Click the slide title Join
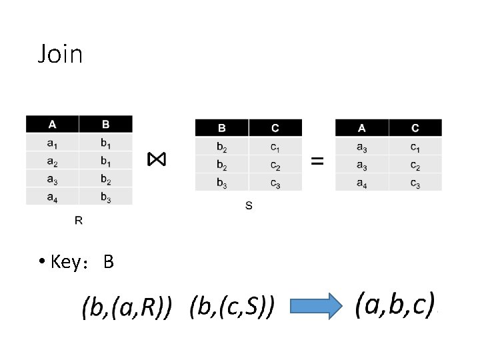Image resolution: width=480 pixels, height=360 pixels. (60, 54)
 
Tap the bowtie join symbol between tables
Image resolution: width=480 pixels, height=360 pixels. (157, 159)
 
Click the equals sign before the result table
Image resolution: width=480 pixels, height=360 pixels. (318, 161)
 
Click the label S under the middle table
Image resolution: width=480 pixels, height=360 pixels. (249, 206)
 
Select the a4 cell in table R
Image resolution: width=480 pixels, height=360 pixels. (52, 196)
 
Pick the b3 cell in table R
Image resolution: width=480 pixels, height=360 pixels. (105, 196)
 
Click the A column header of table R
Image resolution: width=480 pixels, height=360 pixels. (52, 124)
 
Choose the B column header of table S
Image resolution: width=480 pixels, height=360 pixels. (221, 127)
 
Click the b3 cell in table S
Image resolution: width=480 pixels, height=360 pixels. (221, 181)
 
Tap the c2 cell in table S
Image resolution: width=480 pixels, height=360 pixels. (275, 164)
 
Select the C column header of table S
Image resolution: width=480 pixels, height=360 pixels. (275, 127)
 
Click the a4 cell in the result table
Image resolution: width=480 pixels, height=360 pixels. (361, 181)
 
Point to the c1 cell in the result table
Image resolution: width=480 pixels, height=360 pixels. (415, 146)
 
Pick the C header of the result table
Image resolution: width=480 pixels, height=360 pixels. (415, 127)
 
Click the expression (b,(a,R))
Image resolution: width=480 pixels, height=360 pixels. (127, 308)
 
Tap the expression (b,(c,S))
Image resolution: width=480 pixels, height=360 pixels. (232, 308)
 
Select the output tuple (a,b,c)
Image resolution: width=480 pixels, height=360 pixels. (395, 305)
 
